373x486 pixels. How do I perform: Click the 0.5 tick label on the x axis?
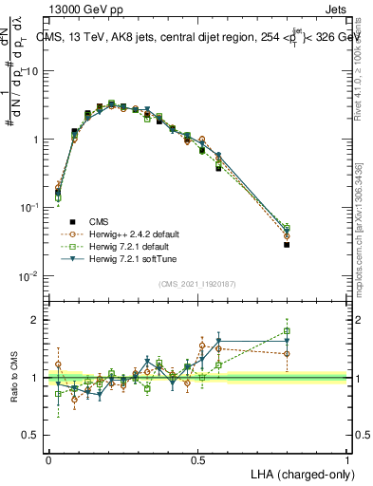[x=197, y=459]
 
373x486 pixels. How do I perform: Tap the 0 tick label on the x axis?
[x=48, y=459]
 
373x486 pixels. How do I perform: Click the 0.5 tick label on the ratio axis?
[x=31, y=436]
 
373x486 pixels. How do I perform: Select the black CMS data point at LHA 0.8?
[x=287, y=245]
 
